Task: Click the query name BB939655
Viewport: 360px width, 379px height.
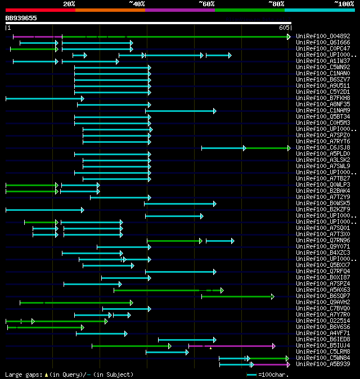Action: pyautogui.click(x=21, y=18)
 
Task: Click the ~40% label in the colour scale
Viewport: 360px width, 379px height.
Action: pyautogui.click(x=137, y=3)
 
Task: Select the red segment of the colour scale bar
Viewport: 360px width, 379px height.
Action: pyautogui.click(x=40, y=10)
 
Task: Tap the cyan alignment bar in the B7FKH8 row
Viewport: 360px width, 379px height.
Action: pyautogui.click(x=44, y=98)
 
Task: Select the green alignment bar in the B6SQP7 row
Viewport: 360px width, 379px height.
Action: pyautogui.click(x=236, y=296)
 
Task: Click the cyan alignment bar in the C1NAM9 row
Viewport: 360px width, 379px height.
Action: pyautogui.click(x=180, y=111)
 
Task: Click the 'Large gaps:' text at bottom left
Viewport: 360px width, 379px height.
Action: pyautogui.click(x=23, y=375)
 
